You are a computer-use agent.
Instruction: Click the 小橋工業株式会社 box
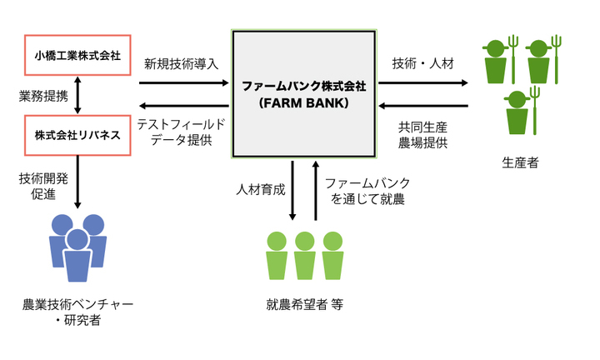[x=77, y=57]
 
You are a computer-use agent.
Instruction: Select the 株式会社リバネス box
[x=77, y=134]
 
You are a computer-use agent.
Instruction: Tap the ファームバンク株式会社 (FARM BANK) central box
[x=305, y=93]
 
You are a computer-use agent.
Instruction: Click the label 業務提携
[x=43, y=96]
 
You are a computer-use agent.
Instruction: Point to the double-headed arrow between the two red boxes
[x=77, y=96]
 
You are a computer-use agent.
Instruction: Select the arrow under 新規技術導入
[x=184, y=82]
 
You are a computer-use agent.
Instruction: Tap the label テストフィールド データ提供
[x=181, y=132]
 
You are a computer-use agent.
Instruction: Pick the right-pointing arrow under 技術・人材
[x=423, y=82]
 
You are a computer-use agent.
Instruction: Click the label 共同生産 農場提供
[x=423, y=135]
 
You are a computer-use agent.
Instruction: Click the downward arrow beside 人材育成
[x=292, y=190]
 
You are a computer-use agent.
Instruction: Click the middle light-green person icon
[x=305, y=255]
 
